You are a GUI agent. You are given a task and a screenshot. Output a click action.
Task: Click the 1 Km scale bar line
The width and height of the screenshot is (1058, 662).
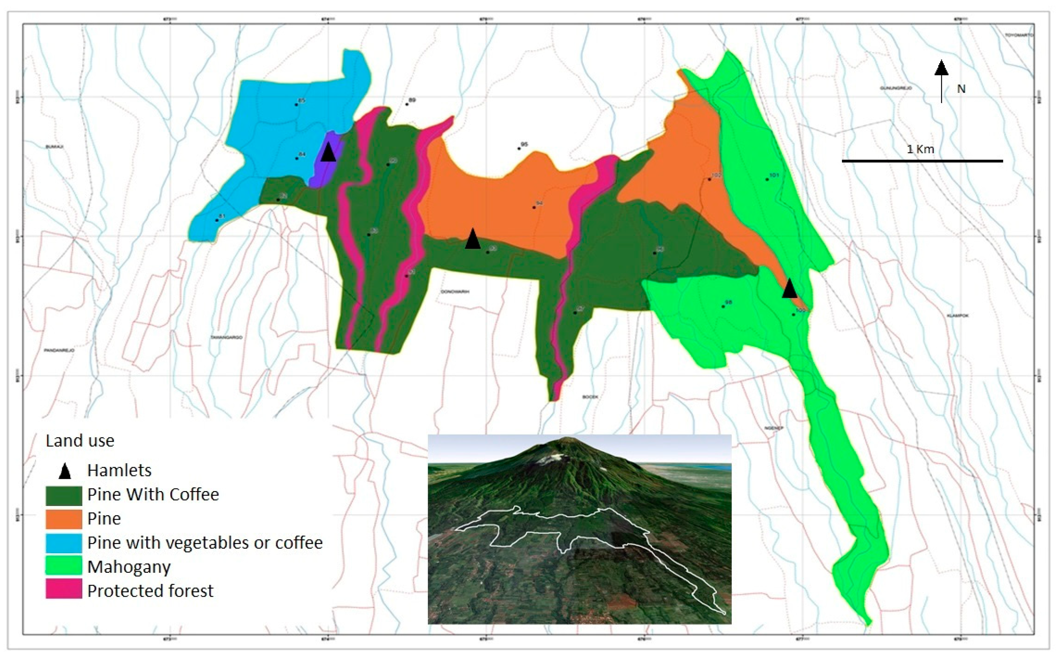[922, 161]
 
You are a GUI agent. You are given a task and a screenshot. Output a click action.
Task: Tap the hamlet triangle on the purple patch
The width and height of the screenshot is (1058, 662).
[328, 153]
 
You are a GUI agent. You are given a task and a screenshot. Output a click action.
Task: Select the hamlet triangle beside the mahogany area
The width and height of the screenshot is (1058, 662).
[789, 289]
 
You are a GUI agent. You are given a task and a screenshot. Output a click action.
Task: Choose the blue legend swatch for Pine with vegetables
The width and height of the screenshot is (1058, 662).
[64, 543]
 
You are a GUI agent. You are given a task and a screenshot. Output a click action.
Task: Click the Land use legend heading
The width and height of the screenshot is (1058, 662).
[80, 440]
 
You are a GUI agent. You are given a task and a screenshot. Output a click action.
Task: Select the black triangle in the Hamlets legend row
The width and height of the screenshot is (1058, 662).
[65, 471]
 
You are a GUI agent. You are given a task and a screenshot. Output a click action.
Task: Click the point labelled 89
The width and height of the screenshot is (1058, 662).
[407, 104]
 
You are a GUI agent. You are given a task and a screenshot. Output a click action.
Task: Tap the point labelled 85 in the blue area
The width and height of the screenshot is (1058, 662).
[296, 105]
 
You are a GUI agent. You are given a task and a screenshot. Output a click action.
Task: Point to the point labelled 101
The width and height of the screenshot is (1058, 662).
[767, 179]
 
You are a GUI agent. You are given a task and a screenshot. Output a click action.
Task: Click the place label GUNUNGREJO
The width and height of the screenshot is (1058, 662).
[896, 88]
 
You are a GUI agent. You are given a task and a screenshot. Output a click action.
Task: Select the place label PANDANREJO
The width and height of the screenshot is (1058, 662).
[59, 350]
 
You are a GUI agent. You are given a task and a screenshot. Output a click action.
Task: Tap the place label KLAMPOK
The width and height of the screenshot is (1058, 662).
[958, 315]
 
